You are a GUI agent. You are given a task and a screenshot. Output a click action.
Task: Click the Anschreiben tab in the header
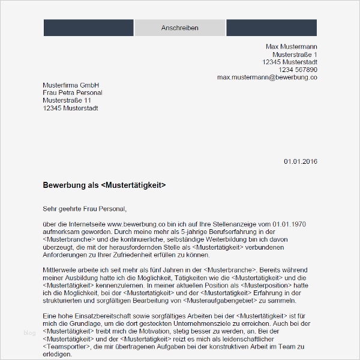(180, 28)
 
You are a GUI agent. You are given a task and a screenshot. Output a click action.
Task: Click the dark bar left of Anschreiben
(88, 28)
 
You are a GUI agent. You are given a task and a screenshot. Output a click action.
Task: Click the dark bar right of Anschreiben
(271, 28)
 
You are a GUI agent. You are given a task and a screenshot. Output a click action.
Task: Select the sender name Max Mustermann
(292, 47)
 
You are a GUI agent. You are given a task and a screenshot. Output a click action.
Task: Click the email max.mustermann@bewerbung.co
(267, 77)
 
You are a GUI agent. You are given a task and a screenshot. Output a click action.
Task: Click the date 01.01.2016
(300, 161)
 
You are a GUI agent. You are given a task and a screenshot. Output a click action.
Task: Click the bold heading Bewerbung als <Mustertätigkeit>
(104, 185)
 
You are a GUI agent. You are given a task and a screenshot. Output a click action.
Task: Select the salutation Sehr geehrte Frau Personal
(85, 209)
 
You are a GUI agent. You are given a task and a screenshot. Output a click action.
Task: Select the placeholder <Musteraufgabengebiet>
(223, 301)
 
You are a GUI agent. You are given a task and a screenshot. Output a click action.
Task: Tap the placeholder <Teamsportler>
(68, 346)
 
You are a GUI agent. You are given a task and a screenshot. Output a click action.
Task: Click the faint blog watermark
(29, 333)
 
